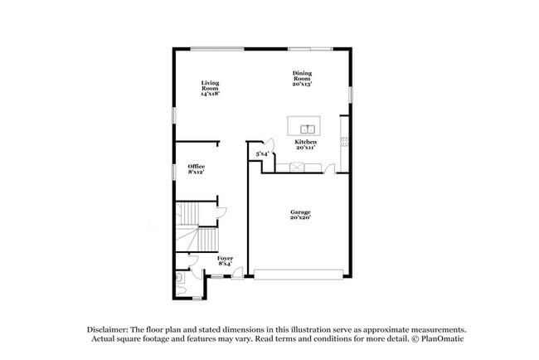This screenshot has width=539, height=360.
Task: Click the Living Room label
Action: point(209,88)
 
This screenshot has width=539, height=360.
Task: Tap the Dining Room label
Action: point(302,79)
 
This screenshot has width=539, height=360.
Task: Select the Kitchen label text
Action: point(305,144)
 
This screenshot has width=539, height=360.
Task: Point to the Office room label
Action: point(196,169)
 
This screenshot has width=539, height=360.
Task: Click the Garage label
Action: point(300,216)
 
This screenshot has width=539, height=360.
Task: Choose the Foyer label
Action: point(225,260)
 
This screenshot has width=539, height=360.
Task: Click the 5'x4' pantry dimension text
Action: point(261,153)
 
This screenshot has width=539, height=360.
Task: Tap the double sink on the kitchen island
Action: point(308,128)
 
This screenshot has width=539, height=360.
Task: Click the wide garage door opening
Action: point(299,274)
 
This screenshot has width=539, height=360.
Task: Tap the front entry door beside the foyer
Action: point(238,273)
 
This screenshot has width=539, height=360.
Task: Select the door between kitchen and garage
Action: point(330,169)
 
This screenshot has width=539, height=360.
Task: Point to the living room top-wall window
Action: point(217,48)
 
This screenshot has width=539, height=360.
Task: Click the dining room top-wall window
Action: point(310,48)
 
